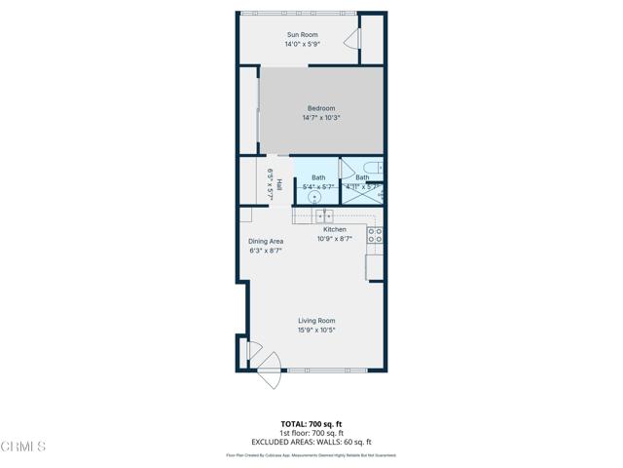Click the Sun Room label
[x=302, y=35]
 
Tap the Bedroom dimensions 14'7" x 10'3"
[x=320, y=118]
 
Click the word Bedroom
[x=321, y=108]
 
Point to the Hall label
[x=279, y=183]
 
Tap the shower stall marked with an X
[x=362, y=193]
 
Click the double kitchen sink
[x=324, y=215]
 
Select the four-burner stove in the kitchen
[x=375, y=235]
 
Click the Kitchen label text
[x=334, y=230]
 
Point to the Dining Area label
[x=266, y=241]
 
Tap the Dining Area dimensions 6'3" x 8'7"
[x=266, y=251]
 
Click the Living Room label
[x=316, y=321]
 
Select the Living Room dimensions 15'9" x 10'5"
[x=316, y=331]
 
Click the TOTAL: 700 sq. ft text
[x=311, y=424]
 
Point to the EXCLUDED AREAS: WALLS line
[x=311, y=442]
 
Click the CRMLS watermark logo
[x=23, y=447]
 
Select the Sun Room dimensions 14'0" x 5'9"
[x=302, y=45]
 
